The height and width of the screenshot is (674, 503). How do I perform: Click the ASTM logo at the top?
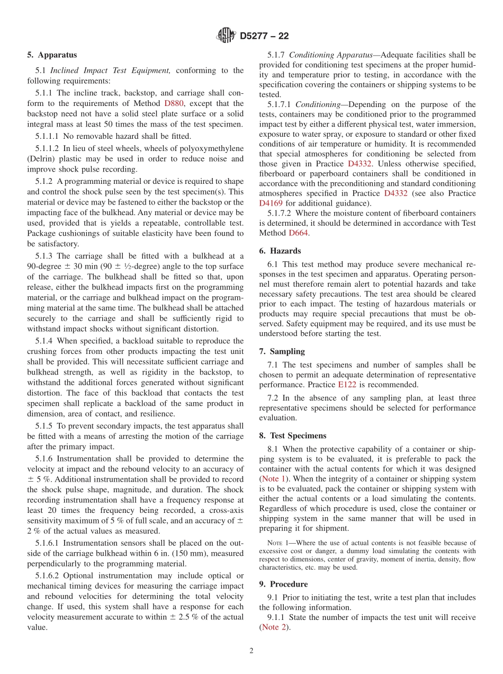(x=226, y=36)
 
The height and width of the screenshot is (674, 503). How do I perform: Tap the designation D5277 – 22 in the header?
(x=264, y=37)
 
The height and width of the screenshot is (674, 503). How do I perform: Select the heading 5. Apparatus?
(x=52, y=55)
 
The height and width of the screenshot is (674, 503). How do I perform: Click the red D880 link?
(x=174, y=103)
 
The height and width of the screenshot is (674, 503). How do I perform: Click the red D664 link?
(x=298, y=233)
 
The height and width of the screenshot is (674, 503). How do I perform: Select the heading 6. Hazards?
(x=280, y=251)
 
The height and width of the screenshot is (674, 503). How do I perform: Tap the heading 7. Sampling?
(x=282, y=351)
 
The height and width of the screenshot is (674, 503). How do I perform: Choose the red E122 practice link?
(x=347, y=385)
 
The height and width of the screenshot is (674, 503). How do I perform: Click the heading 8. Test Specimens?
(x=293, y=436)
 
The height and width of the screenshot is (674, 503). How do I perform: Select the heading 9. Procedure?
(x=283, y=584)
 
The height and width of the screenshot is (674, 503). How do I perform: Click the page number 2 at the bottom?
(x=251, y=651)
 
